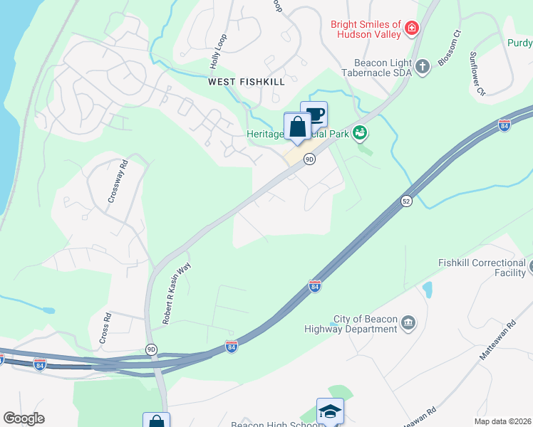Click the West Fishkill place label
(x=247, y=82)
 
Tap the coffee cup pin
(x=314, y=115)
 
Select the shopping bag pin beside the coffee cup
(x=297, y=127)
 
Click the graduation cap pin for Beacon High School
(x=330, y=411)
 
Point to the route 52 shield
(x=406, y=201)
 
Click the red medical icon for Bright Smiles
(x=411, y=29)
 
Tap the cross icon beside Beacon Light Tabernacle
(x=423, y=67)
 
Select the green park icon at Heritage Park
(x=361, y=132)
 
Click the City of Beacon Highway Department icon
(x=408, y=325)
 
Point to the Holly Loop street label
(x=218, y=51)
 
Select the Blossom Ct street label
(x=450, y=48)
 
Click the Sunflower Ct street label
(x=477, y=73)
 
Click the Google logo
(x=24, y=418)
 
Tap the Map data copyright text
(x=502, y=421)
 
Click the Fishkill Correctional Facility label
(x=482, y=268)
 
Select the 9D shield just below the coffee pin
(x=309, y=159)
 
